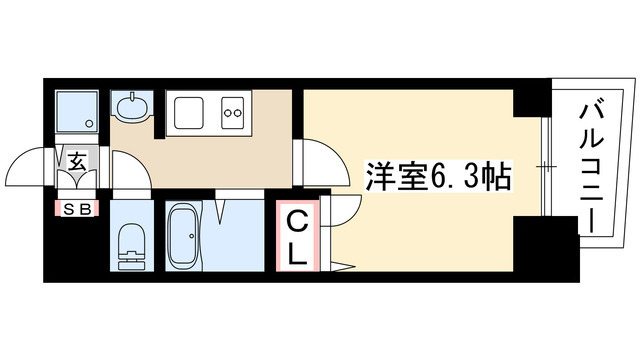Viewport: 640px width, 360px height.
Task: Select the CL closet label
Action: tap(298, 237)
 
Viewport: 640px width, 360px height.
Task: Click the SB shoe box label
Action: tap(74, 209)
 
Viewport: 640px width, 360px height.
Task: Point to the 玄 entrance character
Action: tap(76, 158)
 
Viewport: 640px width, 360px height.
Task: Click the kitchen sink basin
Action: tap(190, 112)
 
